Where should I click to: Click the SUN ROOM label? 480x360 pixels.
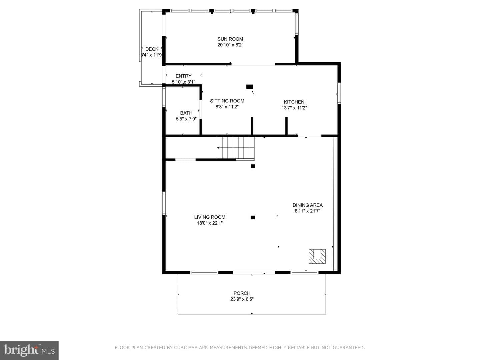(230, 39)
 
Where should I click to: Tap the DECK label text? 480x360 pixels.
(152, 49)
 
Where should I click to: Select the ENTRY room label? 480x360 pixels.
(183, 76)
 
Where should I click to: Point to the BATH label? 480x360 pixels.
(186, 113)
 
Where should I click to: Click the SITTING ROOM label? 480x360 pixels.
(227, 101)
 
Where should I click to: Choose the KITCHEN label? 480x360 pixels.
(294, 102)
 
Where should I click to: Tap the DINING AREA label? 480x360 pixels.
(308, 205)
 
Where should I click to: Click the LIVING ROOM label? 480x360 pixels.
(210, 217)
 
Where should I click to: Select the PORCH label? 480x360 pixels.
(242, 293)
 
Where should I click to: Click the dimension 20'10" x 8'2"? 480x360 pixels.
(230, 45)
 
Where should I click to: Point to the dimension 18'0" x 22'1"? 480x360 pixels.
(210, 223)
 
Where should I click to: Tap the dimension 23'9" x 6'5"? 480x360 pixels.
(242, 299)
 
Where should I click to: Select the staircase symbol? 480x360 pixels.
(236, 148)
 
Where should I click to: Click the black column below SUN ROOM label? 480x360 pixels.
(250, 87)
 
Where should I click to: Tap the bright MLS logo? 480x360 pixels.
(29, 350)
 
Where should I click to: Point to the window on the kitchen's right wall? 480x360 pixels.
(339, 93)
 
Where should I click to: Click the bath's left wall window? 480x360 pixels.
(164, 97)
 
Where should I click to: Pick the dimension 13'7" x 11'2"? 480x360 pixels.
(294, 108)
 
